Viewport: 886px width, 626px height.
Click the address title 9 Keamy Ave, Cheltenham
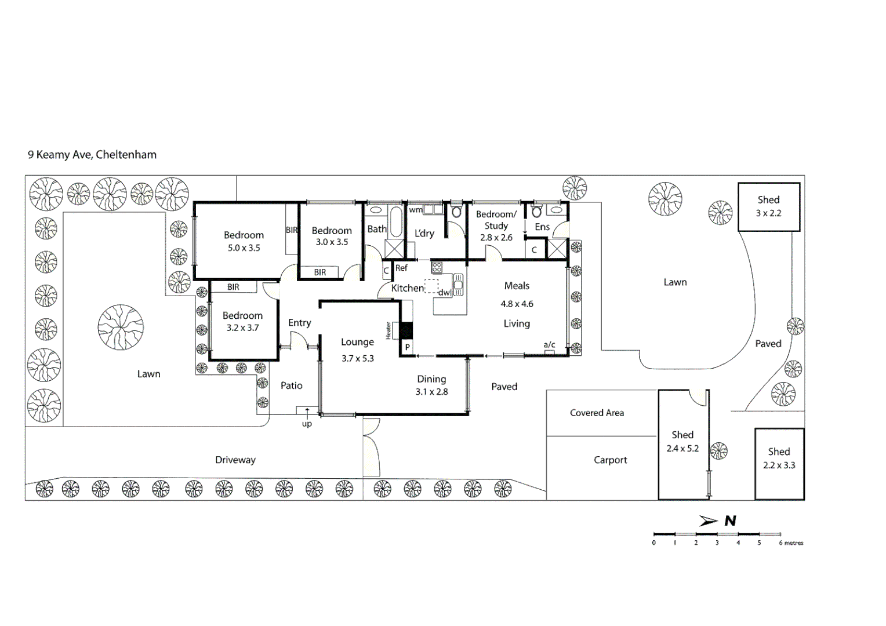[92, 155]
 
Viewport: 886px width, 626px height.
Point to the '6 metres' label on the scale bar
[791, 543]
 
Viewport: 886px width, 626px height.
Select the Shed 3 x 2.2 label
[768, 206]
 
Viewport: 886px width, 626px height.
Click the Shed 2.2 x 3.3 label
[779, 458]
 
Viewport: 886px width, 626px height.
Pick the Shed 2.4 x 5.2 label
[682, 441]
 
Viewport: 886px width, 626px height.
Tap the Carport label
[610, 460]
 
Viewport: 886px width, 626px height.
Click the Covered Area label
[597, 413]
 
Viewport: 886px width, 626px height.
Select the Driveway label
[235, 460]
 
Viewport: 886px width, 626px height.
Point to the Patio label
[291, 385]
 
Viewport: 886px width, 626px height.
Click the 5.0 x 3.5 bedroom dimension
[244, 248]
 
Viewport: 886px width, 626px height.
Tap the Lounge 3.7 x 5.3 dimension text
[357, 359]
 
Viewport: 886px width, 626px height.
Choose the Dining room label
[431, 379]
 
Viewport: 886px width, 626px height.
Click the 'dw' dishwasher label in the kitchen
[444, 293]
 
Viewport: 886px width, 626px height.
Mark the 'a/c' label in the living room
[549, 345]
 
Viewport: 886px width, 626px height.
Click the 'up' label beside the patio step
[307, 424]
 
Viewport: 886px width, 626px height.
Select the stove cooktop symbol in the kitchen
[437, 267]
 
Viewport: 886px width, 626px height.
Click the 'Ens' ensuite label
[542, 227]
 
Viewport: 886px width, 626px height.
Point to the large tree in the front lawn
[121, 327]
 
